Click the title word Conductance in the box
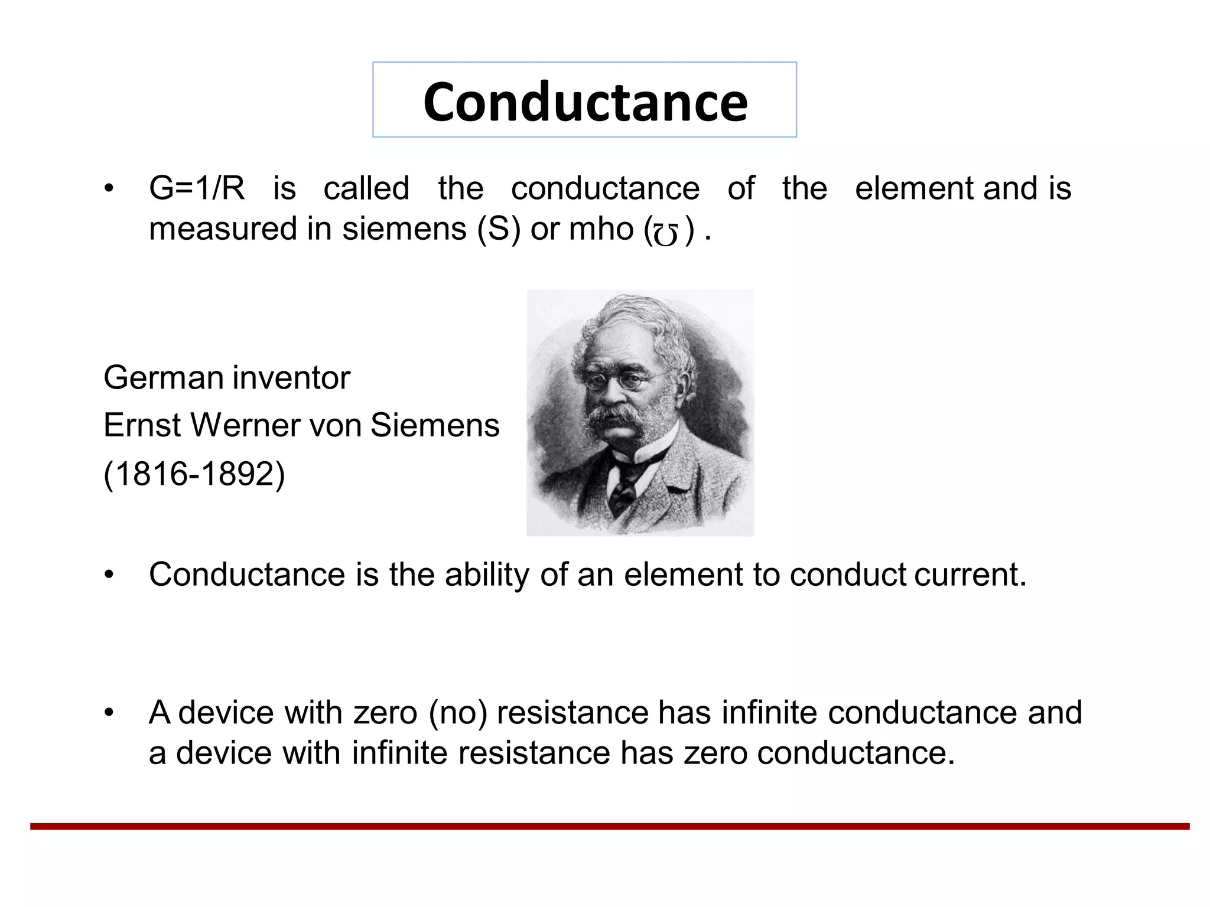(x=585, y=102)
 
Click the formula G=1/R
(x=196, y=189)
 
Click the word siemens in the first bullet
(x=404, y=229)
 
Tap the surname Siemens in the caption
(x=434, y=425)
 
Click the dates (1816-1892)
(x=194, y=474)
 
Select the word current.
(x=970, y=575)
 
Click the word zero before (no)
(x=385, y=713)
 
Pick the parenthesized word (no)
(x=458, y=713)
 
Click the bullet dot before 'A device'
(x=108, y=713)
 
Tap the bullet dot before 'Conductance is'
(x=108, y=575)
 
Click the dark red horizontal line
(x=609, y=826)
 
